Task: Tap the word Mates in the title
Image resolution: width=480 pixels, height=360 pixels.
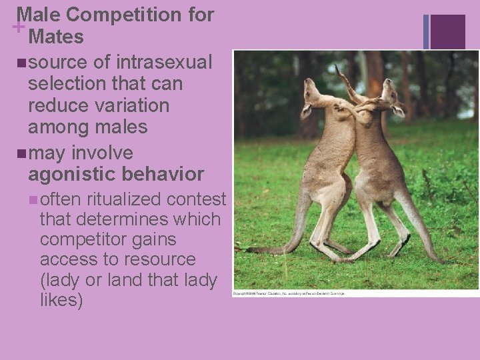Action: pos(57,37)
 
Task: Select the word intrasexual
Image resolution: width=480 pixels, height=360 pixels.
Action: pos(165,63)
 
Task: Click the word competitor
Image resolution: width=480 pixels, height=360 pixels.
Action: pos(82,239)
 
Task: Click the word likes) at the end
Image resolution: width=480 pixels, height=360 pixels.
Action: pos(61,300)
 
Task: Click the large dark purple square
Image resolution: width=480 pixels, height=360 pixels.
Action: pos(448,31)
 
